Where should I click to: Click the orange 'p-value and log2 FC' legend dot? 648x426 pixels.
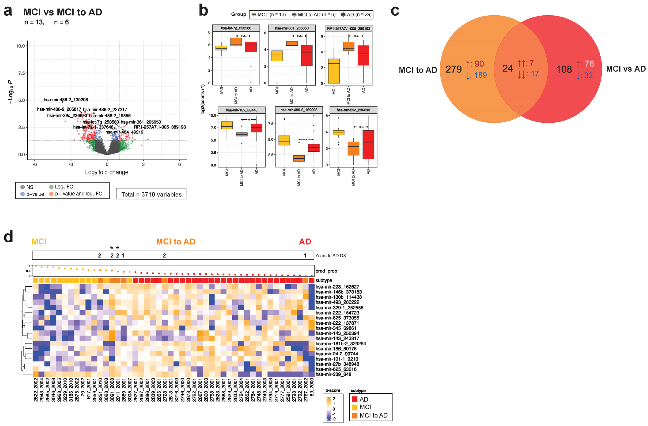[x=51, y=194]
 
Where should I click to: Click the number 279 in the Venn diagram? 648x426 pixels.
[x=453, y=69]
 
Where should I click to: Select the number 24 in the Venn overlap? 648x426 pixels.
[x=508, y=68]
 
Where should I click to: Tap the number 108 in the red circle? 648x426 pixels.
[x=564, y=69]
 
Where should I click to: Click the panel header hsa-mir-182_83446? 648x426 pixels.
[x=241, y=110]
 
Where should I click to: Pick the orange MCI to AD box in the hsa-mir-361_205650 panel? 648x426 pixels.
[x=292, y=43]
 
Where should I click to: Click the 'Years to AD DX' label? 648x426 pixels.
[x=330, y=256]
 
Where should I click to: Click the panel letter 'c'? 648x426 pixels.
[x=395, y=11]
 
